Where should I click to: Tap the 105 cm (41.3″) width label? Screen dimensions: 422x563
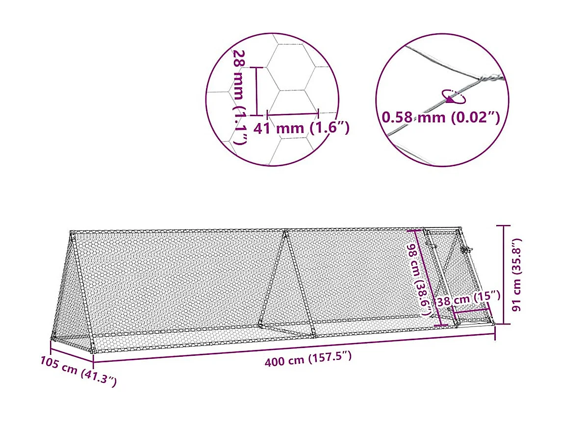pos(78,371)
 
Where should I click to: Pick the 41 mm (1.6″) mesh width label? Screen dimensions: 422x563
pos(301,129)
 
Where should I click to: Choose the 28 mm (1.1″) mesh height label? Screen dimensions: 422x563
pos(240,96)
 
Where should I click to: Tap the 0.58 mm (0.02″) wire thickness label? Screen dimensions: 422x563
pos(440,118)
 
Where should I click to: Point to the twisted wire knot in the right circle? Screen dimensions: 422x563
pos(490,78)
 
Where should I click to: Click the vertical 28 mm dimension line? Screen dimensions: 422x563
pos(256,91)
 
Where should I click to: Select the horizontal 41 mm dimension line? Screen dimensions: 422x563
pos(293,114)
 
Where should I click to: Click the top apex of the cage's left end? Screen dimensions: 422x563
pos(72,232)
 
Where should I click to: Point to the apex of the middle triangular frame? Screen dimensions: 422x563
pos(285,231)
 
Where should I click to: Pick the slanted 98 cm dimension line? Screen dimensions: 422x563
pos(430,277)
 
